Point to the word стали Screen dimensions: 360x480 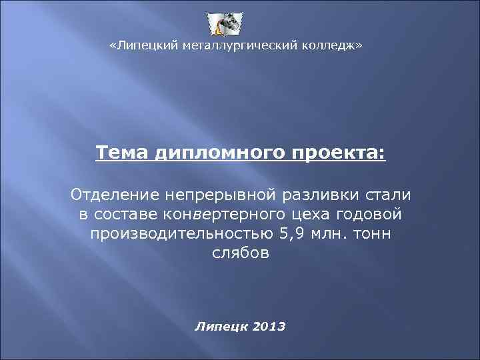tap(391, 195)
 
